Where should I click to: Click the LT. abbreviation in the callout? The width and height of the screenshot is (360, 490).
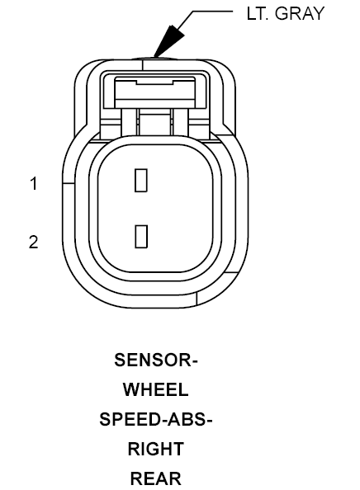pyautogui.click(x=258, y=13)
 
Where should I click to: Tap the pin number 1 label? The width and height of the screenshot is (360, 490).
pyautogui.click(x=34, y=183)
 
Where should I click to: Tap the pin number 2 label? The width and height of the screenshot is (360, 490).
pyautogui.click(x=34, y=243)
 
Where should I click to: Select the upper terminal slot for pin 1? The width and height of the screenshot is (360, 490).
pyautogui.click(x=141, y=181)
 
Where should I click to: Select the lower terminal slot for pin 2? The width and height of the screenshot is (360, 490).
pyautogui.click(x=141, y=237)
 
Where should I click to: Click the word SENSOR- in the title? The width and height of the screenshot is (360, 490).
pyautogui.click(x=156, y=360)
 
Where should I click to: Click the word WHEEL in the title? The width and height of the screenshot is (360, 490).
pyautogui.click(x=155, y=389)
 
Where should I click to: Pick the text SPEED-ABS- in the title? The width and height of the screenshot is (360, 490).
pyautogui.click(x=156, y=419)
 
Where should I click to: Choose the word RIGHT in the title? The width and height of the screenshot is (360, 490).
pyautogui.click(x=156, y=449)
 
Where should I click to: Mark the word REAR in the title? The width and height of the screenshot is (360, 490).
pyautogui.click(x=155, y=478)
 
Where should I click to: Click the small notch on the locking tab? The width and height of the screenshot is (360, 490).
pyautogui.click(x=155, y=82)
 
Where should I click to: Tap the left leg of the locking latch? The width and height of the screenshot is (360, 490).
pyautogui.click(x=129, y=122)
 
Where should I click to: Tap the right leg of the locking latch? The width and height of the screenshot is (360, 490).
pyautogui.click(x=181, y=122)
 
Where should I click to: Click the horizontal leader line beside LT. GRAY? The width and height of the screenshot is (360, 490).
pyautogui.click(x=212, y=12)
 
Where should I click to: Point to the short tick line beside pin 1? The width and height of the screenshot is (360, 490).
pyautogui.click(x=69, y=183)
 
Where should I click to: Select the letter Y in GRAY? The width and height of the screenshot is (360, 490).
pyautogui.click(x=318, y=13)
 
